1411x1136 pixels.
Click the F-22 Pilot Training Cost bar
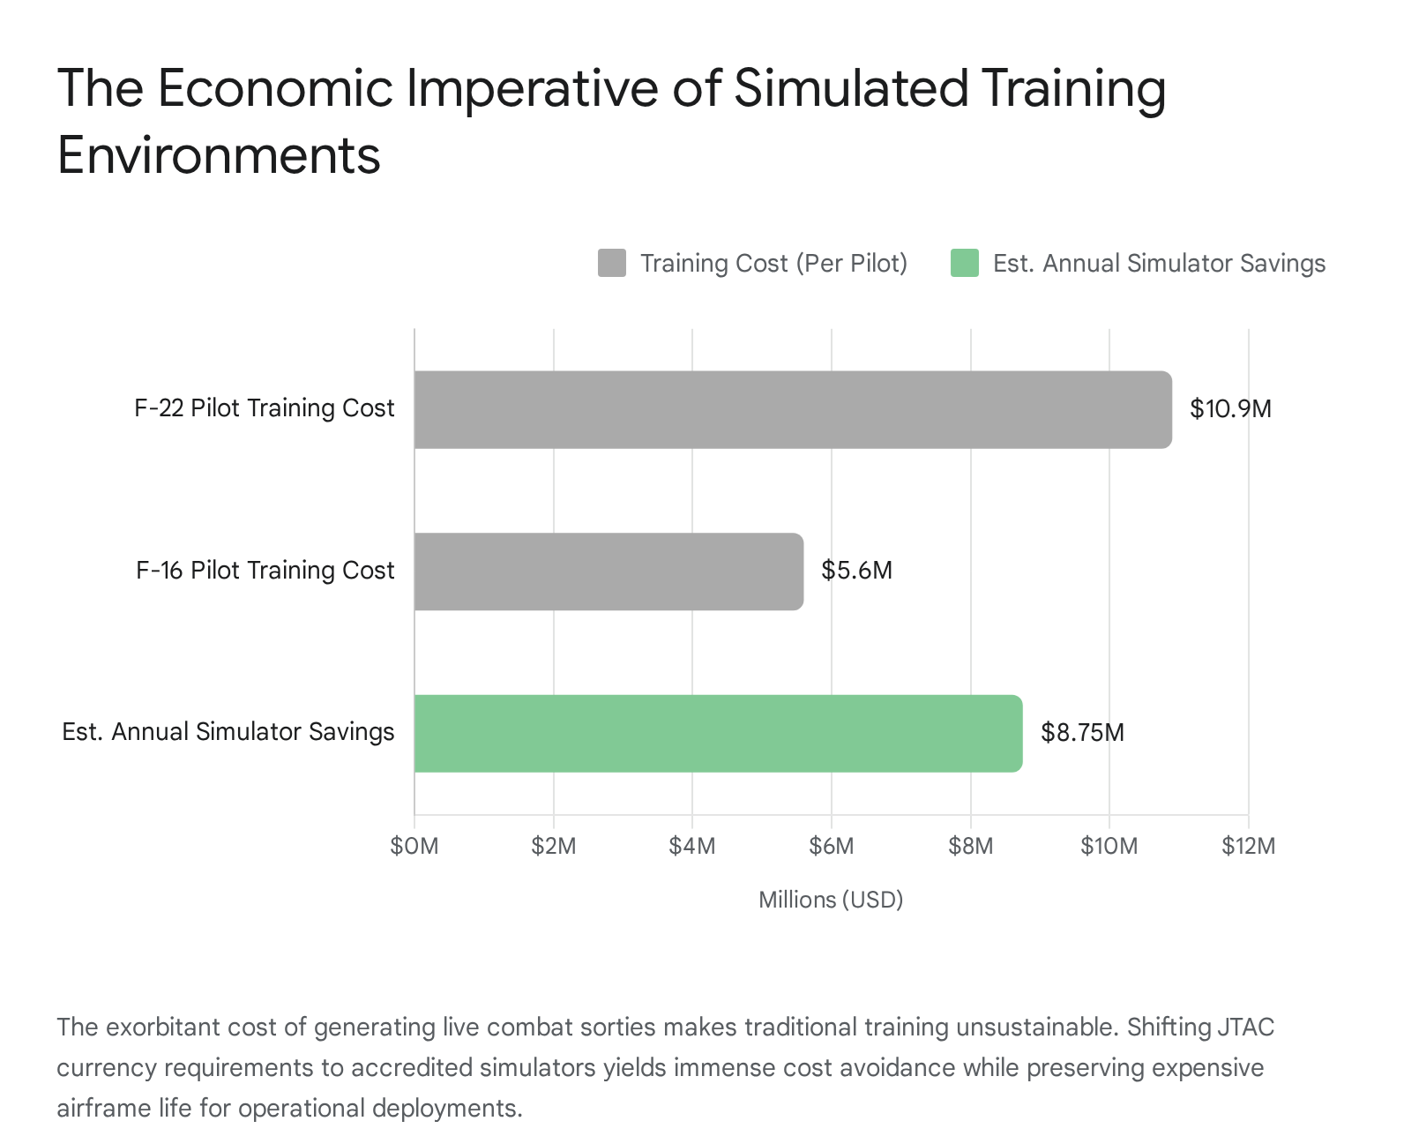coord(792,409)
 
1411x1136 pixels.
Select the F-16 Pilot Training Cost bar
coord(608,572)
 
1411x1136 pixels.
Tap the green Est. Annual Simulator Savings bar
coord(718,733)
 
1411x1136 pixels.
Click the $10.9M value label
coord(1230,409)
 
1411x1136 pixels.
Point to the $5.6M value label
coord(856,571)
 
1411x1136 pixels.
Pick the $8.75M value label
coord(1082,733)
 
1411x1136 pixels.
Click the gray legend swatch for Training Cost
coord(611,263)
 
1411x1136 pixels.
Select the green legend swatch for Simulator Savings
coord(964,263)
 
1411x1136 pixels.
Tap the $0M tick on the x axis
coord(414,847)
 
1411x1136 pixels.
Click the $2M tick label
coord(554,847)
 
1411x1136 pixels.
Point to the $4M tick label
coord(692,847)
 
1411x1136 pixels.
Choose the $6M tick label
coord(832,847)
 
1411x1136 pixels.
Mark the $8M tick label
coord(970,847)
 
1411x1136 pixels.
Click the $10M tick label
coord(1109,847)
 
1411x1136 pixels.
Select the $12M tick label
coord(1248,847)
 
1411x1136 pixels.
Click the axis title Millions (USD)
coord(831,900)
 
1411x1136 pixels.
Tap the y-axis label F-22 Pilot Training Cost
coord(264,408)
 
